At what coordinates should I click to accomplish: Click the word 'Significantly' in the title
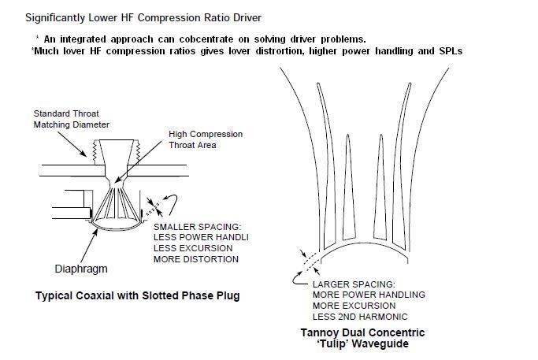click(56, 17)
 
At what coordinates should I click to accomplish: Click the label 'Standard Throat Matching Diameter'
click(71, 119)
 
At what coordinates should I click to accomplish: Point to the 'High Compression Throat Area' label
click(205, 140)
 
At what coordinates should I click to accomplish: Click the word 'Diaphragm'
click(80, 267)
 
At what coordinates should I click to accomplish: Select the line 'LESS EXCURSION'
click(192, 248)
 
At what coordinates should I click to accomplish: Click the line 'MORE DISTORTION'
click(196, 259)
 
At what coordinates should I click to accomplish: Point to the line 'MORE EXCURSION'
click(352, 306)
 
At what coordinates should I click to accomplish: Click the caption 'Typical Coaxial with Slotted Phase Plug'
click(136, 296)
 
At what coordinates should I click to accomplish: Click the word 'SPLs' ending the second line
click(451, 51)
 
